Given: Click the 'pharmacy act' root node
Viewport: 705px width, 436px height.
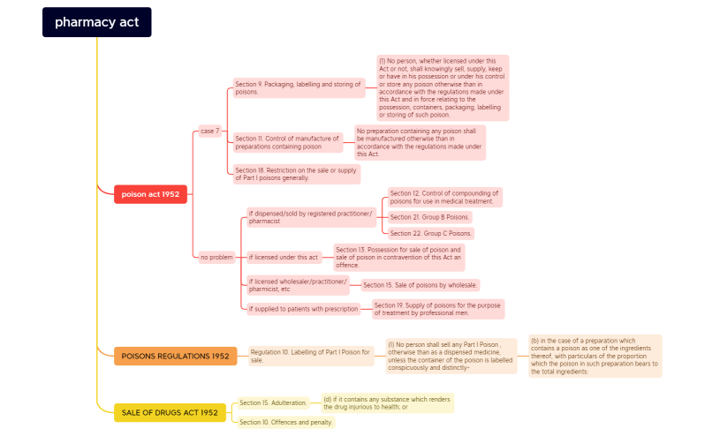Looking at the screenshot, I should (x=96, y=22).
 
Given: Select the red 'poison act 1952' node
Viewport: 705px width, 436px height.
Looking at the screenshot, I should (x=150, y=194).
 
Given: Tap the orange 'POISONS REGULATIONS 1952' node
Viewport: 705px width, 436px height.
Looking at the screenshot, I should (x=175, y=356).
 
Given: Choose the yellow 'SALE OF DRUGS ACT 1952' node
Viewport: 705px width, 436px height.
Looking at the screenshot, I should (x=170, y=412).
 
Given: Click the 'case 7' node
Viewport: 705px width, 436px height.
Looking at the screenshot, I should (x=209, y=131).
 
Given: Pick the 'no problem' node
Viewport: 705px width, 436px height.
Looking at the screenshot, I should (x=216, y=257).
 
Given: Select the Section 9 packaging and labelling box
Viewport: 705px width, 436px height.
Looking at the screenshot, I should (x=299, y=87).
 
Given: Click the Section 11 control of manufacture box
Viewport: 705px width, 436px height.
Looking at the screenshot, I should (x=286, y=142).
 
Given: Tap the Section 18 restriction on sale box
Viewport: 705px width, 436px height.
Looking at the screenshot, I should (x=296, y=173).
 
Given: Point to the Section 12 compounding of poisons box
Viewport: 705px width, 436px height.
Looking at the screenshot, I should (x=444, y=197).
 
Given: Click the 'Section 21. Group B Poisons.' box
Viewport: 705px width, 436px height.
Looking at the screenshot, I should (x=430, y=217).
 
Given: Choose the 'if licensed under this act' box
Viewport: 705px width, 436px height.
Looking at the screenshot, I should (x=284, y=258).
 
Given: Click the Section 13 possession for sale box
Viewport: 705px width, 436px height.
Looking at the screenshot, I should (x=398, y=257).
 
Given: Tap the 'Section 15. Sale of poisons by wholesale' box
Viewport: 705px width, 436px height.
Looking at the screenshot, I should (x=420, y=285).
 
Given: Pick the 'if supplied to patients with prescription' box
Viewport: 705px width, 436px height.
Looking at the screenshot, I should (x=303, y=309).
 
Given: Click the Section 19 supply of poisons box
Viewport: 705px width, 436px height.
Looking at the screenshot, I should (x=437, y=309).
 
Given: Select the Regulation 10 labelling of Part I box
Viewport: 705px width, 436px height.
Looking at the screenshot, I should (x=310, y=356).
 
